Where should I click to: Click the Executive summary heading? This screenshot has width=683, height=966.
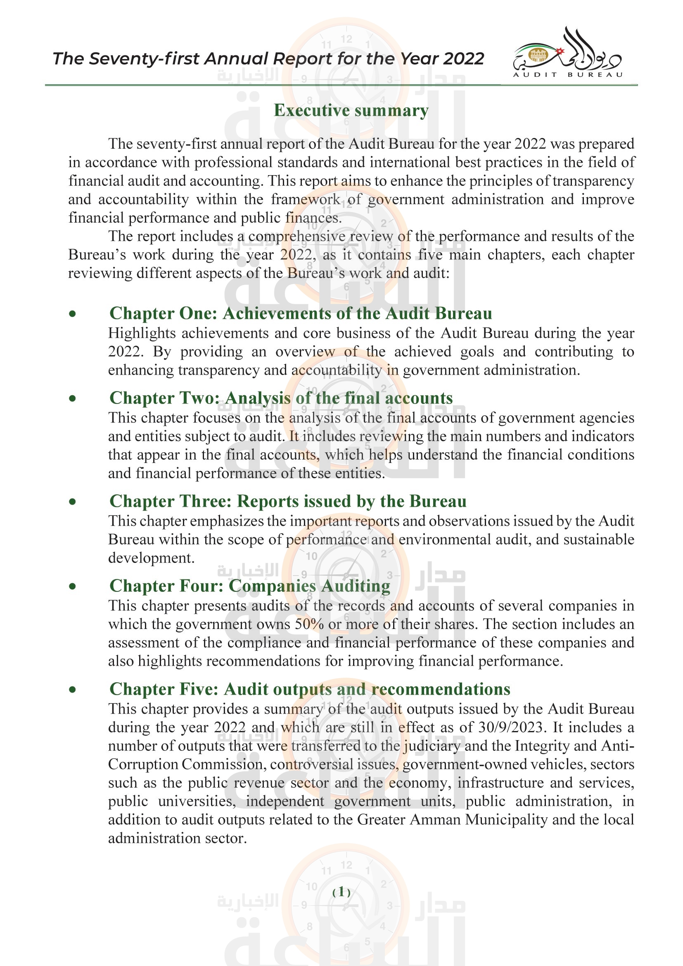pyautogui.click(x=351, y=111)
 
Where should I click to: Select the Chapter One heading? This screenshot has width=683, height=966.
pyautogui.click(x=300, y=313)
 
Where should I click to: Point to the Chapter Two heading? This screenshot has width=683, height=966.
pyautogui.click(x=281, y=398)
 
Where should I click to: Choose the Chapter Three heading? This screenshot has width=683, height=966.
pyautogui.click(x=288, y=501)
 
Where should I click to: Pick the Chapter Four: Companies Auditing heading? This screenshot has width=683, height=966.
pyautogui.click(x=250, y=586)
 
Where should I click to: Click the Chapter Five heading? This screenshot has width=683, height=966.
pyautogui.click(x=310, y=690)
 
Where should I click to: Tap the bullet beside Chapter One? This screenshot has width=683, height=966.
pyautogui.click(x=73, y=314)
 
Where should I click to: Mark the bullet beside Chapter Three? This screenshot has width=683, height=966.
pyautogui.click(x=73, y=502)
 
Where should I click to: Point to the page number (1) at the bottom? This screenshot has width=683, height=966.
pyautogui.click(x=341, y=892)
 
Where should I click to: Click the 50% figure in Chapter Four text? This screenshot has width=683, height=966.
pyautogui.click(x=309, y=624)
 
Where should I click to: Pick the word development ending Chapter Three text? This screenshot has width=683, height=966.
pyautogui.click(x=151, y=558)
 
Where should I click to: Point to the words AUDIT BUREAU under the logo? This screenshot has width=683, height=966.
pyautogui.click(x=567, y=75)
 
